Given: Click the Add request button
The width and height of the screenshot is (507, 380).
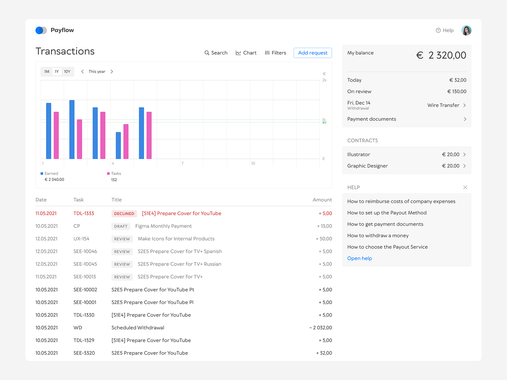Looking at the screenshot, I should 313,53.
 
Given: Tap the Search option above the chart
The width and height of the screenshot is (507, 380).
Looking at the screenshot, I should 216,53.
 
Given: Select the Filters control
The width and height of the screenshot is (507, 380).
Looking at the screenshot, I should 275,53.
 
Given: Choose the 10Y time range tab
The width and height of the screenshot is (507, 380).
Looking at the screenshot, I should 67,72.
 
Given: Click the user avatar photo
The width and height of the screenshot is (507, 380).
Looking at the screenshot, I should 466,30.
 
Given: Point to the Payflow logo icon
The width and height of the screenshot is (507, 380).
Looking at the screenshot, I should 41,30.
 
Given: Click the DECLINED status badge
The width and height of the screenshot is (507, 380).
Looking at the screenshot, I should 124,214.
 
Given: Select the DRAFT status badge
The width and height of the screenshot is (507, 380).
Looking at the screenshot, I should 121,226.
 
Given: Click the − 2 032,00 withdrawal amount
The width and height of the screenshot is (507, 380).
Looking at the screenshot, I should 320,328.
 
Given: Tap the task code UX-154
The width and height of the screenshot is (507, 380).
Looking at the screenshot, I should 82,239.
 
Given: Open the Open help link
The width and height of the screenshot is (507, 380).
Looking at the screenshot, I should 360,258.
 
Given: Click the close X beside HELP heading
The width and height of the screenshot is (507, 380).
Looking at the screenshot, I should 465,187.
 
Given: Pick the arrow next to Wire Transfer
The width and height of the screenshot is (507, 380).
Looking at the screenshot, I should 465,106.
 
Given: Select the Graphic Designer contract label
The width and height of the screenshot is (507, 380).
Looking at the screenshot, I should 367,166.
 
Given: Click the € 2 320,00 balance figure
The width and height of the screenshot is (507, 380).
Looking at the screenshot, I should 442,55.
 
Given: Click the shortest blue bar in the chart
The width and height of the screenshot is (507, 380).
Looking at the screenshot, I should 118,145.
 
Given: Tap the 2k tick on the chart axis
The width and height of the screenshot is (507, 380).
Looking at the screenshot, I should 324,80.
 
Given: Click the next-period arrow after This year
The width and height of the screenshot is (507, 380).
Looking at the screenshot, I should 112,72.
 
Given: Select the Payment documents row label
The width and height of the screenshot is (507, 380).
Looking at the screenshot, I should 371,119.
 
